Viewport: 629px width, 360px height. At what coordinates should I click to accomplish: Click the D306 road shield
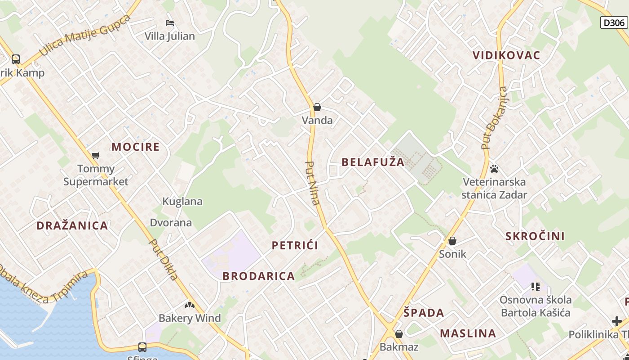614,22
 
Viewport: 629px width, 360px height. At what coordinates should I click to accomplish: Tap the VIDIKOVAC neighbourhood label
506,55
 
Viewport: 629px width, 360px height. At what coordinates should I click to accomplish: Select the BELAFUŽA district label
373,162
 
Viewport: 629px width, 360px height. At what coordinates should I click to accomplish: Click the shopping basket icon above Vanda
317,107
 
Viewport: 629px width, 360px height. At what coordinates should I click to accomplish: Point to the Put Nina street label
313,183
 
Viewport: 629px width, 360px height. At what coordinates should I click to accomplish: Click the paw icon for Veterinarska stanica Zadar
494,169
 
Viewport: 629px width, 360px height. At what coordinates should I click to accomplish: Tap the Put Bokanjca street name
494,118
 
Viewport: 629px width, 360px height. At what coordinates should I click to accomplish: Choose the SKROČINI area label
535,236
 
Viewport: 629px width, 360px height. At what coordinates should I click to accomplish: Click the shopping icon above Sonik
452,241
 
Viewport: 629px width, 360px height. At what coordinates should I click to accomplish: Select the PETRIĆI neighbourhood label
295,245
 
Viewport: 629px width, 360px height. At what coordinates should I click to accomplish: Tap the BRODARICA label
259,276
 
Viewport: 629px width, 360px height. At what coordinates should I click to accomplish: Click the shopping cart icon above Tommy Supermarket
95,156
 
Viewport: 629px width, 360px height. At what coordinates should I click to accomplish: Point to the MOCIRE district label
135,147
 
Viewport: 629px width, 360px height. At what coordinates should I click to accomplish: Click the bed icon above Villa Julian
169,22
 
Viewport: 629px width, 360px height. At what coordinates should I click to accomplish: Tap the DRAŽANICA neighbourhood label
72,225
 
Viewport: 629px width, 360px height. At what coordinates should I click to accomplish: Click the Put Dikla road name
164,259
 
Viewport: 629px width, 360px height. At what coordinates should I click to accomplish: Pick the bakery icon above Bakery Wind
190,305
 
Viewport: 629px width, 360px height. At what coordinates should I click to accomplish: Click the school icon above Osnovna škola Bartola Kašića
535,286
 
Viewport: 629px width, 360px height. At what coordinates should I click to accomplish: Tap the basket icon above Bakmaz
399,334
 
